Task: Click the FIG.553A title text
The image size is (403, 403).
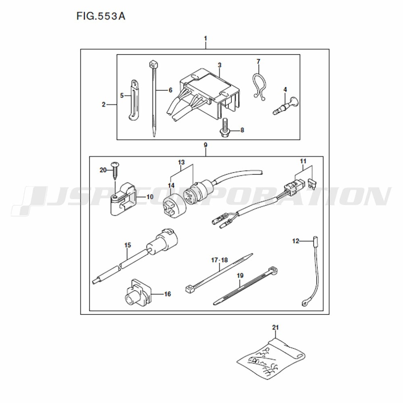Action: (x=101, y=16)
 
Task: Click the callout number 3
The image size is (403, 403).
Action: (x=219, y=65)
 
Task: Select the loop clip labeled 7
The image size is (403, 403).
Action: (x=258, y=86)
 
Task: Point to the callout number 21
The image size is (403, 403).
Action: (x=275, y=327)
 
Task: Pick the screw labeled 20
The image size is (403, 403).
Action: (x=115, y=171)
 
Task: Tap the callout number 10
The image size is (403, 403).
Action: (x=150, y=197)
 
